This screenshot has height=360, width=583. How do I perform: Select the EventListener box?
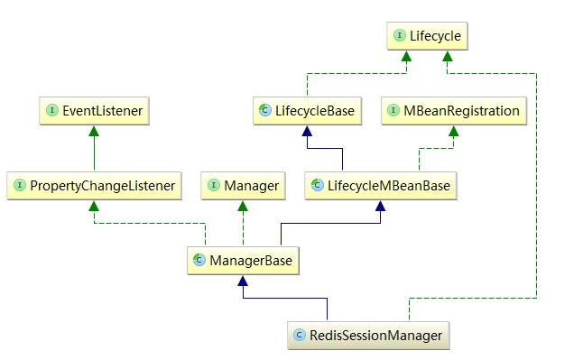click(x=94, y=112)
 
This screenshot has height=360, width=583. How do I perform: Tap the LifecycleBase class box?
click(x=304, y=112)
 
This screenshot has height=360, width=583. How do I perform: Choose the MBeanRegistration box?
click(x=454, y=112)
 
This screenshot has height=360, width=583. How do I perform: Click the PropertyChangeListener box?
click(x=94, y=186)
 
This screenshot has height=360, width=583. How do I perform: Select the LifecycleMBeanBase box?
click(x=379, y=186)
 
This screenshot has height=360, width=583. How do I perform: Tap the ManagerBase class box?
click(x=243, y=261)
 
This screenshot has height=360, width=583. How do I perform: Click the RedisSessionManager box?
click(x=367, y=336)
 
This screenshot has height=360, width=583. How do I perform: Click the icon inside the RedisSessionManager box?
click(x=300, y=336)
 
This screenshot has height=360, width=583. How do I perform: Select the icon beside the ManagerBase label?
click(x=199, y=261)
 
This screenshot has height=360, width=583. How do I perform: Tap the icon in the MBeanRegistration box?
click(x=394, y=112)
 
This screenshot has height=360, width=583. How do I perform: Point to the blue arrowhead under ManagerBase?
click(x=242, y=281)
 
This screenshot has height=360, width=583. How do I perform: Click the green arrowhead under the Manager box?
click(x=243, y=206)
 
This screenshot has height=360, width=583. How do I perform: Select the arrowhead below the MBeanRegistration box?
click(x=453, y=132)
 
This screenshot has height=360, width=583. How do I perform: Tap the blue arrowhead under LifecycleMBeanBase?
click(x=380, y=206)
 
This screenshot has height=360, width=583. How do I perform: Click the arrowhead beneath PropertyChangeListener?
click(x=94, y=206)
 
